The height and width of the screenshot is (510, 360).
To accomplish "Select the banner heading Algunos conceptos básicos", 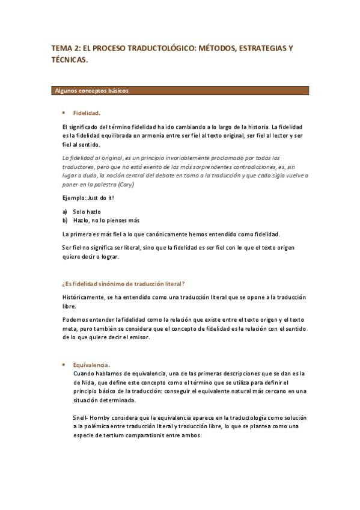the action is tap(91, 91).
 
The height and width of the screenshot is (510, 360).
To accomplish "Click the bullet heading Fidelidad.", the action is tap(87, 112).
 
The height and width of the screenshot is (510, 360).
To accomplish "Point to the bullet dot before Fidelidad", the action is tap(63, 112).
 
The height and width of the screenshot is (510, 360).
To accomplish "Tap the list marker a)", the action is tap(64, 212).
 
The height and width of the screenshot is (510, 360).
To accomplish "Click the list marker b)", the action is tap(64, 220).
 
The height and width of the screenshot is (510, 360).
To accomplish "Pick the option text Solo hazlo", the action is tap(87, 212).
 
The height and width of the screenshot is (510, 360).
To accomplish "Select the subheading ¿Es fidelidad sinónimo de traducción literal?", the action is tap(123, 283).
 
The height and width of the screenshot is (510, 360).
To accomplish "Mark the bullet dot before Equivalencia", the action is tap(63, 364).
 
